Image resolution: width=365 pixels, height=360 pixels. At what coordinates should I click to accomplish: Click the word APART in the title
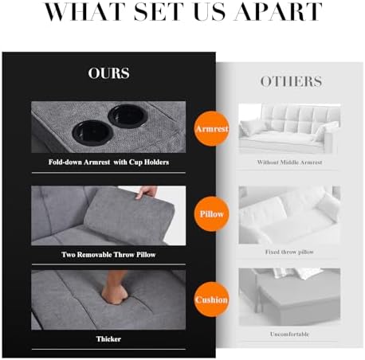click(x=278, y=12)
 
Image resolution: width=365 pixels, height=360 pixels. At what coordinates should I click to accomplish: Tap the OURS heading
click(x=109, y=73)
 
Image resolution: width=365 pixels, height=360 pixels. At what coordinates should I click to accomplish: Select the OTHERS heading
click(x=291, y=81)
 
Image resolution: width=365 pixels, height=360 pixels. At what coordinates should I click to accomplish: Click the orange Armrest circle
click(x=212, y=129)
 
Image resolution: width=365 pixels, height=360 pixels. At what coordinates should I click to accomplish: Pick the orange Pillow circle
click(x=212, y=214)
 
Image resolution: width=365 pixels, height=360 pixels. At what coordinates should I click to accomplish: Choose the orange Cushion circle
click(x=212, y=299)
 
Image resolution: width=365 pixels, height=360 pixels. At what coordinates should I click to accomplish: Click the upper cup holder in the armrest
click(x=128, y=115)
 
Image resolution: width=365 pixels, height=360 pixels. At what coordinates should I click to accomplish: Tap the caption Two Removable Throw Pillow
click(x=108, y=255)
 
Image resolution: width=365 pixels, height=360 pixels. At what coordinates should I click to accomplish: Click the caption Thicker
click(x=108, y=339)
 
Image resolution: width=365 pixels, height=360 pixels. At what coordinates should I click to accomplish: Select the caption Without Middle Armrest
click(x=289, y=162)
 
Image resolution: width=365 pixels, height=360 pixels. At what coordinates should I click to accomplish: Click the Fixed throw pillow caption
click(x=289, y=252)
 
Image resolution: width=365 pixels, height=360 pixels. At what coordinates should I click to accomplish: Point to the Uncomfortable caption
click(x=289, y=335)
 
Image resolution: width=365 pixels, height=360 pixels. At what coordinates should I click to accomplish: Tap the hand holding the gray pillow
click(x=147, y=192)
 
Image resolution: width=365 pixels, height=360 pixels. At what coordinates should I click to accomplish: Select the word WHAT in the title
click(x=84, y=12)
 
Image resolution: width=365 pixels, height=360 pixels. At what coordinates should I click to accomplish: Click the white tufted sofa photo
click(x=289, y=129)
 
